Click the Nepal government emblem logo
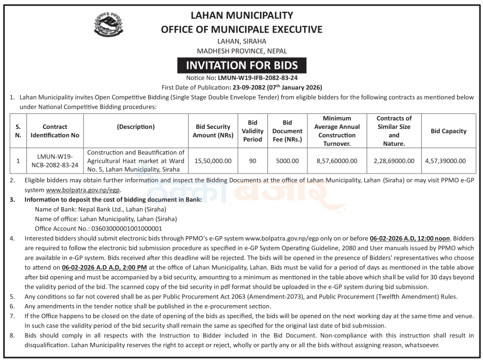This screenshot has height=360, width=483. tap(108, 26)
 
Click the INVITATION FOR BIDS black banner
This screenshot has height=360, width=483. tap(241, 65)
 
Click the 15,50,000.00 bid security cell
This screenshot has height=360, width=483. tap(213, 161)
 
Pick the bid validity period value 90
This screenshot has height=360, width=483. tap(253, 161)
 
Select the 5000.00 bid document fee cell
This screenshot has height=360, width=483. tap(288, 161)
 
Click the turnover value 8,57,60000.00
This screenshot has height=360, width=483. tap(336, 161)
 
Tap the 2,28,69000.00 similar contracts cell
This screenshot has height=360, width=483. tap(394, 161)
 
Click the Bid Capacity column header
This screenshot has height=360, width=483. tap(448, 131)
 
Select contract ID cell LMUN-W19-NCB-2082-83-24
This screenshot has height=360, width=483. tap(51, 161)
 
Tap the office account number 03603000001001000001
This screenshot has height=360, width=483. tap(123, 228)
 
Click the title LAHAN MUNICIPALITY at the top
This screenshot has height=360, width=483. tap(241, 16)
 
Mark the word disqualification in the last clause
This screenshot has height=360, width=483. tap(48, 345)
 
